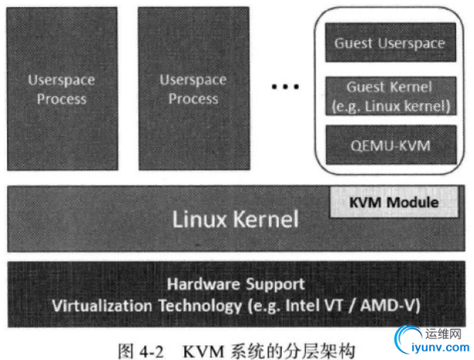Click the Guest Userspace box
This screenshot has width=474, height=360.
point(390,43)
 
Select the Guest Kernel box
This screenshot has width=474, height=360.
point(390,95)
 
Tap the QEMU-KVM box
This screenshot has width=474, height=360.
point(390,143)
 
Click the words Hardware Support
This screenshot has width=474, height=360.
point(235,284)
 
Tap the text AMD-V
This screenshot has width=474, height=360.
point(393,305)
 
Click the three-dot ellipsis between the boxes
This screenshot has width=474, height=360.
point(284,87)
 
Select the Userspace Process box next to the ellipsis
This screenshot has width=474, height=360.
point(193,89)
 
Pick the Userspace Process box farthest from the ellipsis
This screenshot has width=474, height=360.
point(57,89)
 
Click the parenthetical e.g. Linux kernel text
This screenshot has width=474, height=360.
point(390,105)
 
